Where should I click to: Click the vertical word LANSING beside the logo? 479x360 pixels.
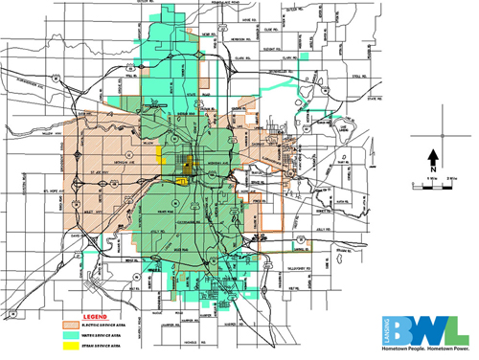[x=385, y=328]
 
